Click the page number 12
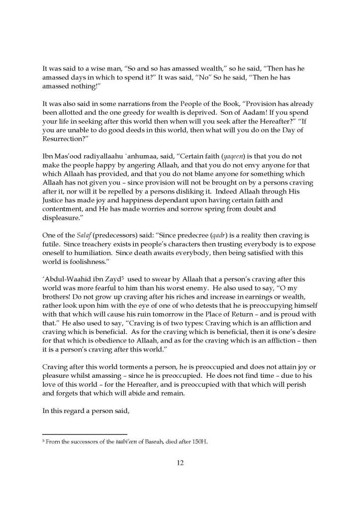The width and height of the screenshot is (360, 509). tap(180, 463)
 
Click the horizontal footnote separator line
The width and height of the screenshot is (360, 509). tap(85, 434)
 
